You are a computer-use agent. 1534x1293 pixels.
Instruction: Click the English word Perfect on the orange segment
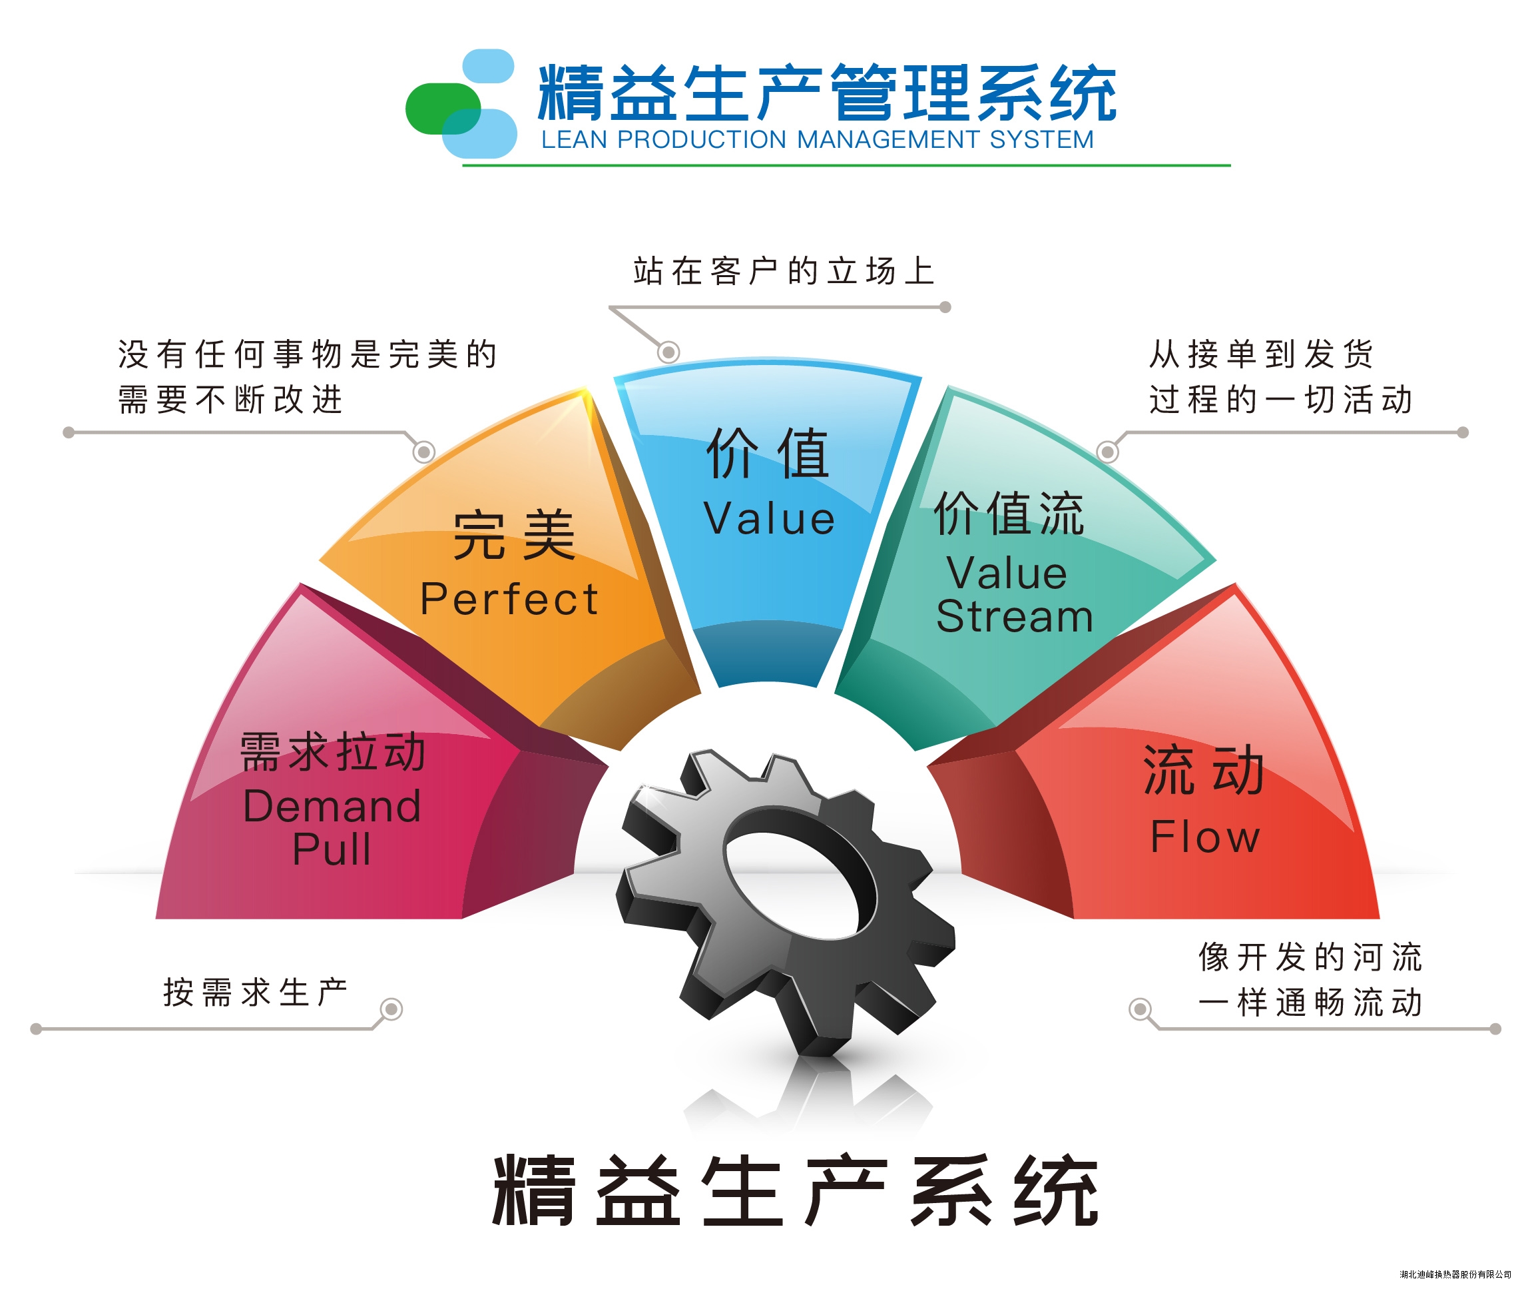click(509, 599)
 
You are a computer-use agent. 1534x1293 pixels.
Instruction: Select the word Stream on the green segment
click(1015, 616)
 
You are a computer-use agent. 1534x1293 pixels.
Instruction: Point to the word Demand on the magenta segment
click(332, 805)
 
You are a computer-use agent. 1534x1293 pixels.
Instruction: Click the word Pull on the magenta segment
click(331, 849)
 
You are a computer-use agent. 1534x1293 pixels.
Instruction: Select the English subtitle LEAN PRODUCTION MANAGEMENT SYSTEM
click(818, 139)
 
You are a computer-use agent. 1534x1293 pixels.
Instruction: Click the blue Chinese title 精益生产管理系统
click(827, 93)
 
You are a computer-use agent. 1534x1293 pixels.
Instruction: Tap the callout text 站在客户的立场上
click(784, 271)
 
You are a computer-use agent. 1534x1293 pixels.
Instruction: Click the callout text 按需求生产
click(255, 993)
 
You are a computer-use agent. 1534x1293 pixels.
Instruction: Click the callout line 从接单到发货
click(1261, 354)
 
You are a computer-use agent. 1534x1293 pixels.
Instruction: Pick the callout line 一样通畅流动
click(1310, 1002)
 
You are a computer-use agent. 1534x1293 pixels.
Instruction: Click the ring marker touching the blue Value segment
click(668, 352)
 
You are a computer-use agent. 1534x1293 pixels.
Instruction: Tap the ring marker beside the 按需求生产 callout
click(392, 1009)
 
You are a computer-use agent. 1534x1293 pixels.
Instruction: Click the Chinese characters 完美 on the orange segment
click(513, 535)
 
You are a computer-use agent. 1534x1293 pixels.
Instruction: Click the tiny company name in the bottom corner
click(1455, 1274)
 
